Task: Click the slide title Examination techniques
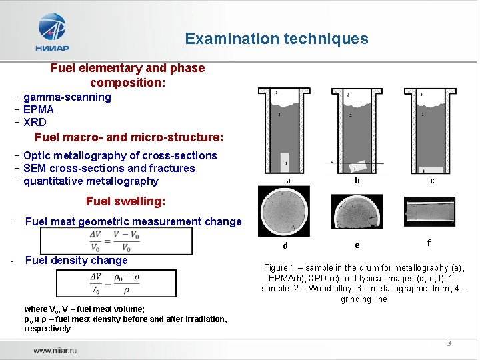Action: click(x=276, y=39)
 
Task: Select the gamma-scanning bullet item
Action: click(x=67, y=97)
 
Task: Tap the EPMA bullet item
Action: click(x=38, y=110)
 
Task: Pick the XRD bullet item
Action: click(x=35, y=123)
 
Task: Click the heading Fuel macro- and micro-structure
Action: click(x=129, y=138)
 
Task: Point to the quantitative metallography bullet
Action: click(x=91, y=181)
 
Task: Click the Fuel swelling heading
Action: click(x=125, y=201)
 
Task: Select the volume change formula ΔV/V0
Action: click(x=115, y=241)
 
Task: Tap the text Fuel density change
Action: click(x=76, y=261)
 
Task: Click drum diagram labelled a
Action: click(x=285, y=130)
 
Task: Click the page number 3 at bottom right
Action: click(x=449, y=343)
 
